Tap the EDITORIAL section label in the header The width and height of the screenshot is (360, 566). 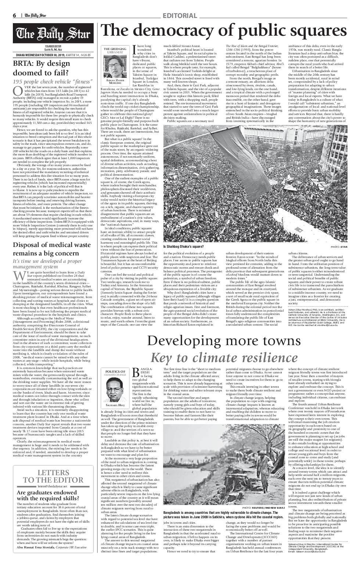180,15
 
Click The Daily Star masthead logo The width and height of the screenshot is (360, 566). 53,34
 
